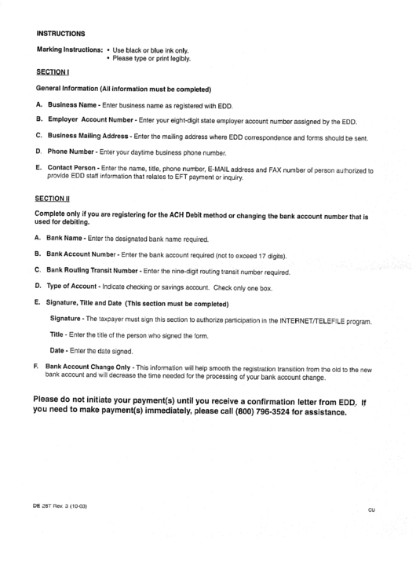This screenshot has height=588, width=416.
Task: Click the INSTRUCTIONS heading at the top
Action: point(60,34)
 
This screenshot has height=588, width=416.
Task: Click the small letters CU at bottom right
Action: point(371,509)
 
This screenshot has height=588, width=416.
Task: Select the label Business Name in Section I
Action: point(72,104)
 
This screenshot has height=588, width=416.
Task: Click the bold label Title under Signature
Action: point(57,335)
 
